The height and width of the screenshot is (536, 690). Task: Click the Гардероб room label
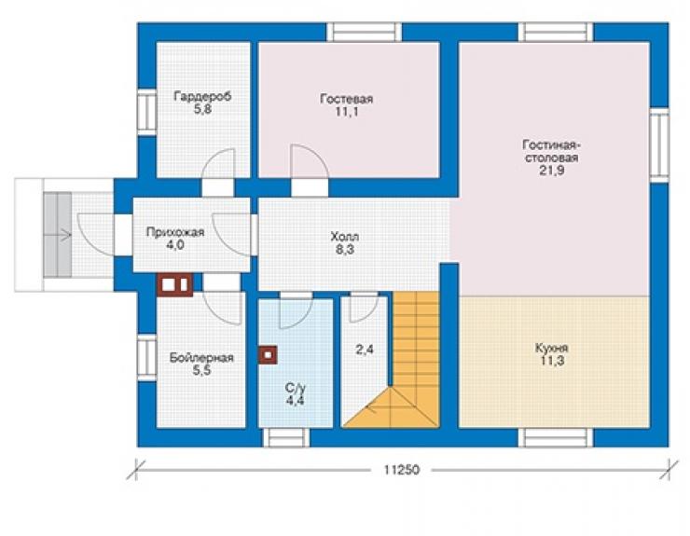202,96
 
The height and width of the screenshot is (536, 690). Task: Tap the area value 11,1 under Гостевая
346,112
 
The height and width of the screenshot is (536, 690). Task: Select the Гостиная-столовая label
552,151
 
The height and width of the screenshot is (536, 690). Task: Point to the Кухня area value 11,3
552,362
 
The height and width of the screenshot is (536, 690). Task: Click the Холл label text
345,237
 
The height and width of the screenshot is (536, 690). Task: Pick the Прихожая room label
175,232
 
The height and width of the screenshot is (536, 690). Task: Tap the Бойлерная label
201,358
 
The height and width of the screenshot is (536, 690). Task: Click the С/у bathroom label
295,388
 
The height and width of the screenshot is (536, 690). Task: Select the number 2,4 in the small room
365,350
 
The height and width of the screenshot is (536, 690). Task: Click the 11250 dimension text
401,470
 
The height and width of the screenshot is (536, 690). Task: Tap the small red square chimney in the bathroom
268,355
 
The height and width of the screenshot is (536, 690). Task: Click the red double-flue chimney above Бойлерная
175,284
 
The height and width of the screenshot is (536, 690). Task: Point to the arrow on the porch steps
58,236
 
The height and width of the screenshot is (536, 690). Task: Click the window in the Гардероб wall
147,112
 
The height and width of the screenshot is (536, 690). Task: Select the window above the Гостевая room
364,32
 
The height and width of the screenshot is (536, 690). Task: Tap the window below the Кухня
556,437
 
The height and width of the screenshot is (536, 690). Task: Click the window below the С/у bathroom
286,437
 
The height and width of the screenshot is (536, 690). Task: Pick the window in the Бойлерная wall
147,357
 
